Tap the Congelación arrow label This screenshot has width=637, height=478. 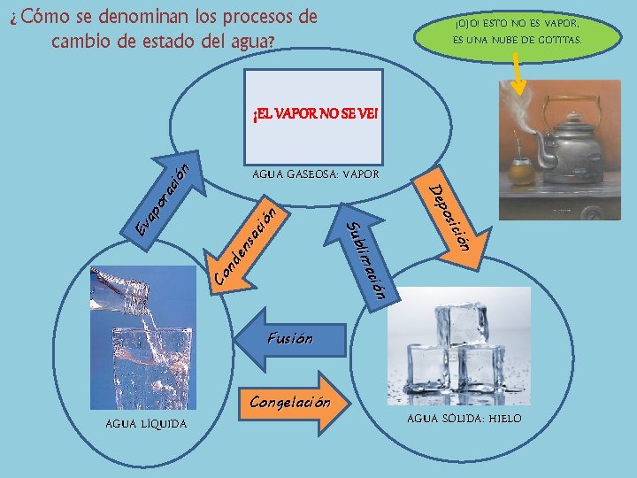[x=290, y=403]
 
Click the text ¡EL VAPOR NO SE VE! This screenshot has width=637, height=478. [x=315, y=115]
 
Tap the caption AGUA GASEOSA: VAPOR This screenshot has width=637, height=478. [x=315, y=174]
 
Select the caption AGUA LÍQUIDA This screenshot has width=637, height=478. [x=146, y=424]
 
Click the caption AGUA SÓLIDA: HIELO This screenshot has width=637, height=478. [x=477, y=419]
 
